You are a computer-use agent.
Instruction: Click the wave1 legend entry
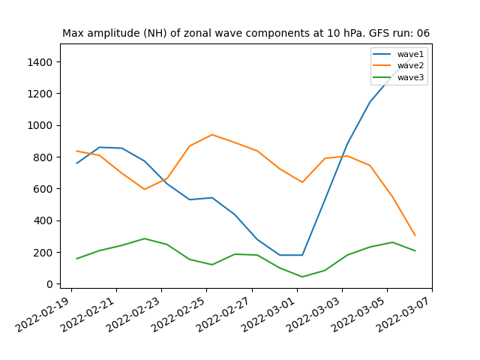point(398,54)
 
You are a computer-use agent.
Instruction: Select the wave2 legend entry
point(398,65)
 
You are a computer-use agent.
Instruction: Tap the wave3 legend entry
point(398,77)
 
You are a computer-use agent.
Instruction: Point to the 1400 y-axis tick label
point(40,62)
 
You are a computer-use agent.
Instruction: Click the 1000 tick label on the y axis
point(40,125)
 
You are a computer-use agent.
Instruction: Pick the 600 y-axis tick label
point(43,189)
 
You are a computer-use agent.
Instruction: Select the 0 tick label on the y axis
point(49,284)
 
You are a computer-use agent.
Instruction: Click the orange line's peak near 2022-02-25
point(212,135)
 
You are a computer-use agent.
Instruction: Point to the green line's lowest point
point(302,277)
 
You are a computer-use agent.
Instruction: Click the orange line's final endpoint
point(415,235)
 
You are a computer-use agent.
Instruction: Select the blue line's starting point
point(76,163)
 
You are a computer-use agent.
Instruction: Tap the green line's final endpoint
point(415,250)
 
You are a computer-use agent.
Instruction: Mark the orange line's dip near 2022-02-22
point(145,189)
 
